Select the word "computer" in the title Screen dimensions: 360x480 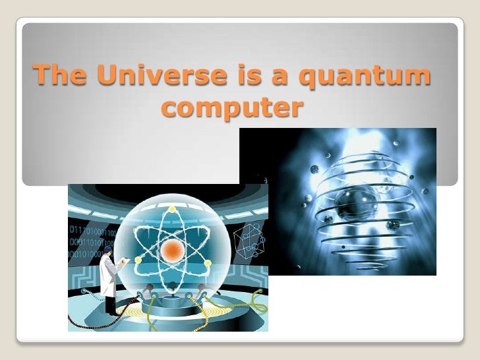click(234, 108)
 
